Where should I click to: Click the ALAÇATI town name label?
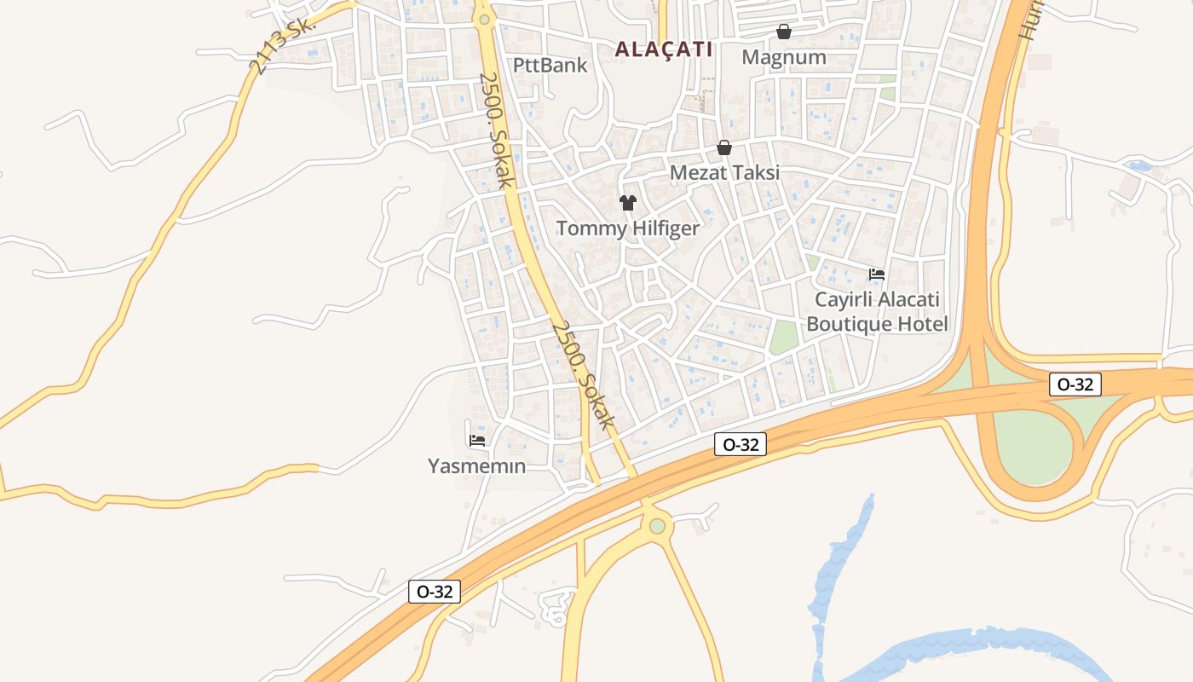tap(664, 49)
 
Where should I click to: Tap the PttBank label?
tap(550, 65)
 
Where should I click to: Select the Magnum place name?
tap(784, 57)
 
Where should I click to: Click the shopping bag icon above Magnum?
tap(783, 32)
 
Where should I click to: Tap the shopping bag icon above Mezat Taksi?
tap(724, 147)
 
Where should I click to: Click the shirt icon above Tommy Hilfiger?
tap(628, 203)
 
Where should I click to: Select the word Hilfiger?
tap(664, 228)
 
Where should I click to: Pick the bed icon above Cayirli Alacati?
tap(877, 275)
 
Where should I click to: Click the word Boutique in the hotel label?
tap(849, 324)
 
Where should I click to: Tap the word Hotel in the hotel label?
tap(922, 324)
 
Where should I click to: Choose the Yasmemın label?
tap(476, 466)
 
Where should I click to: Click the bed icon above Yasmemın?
tap(477, 441)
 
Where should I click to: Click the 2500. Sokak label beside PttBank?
tap(496, 130)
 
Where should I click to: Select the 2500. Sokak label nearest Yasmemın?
tap(583, 375)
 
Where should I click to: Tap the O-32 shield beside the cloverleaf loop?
tap(1075, 384)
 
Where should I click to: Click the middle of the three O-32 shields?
tap(741, 443)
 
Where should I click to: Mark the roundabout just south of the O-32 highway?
tap(656, 526)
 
